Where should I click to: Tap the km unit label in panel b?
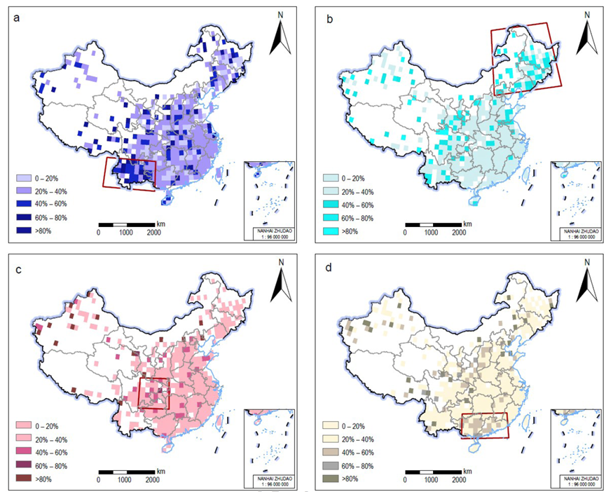click(467, 223)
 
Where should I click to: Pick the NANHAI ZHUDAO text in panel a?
click(270, 230)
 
